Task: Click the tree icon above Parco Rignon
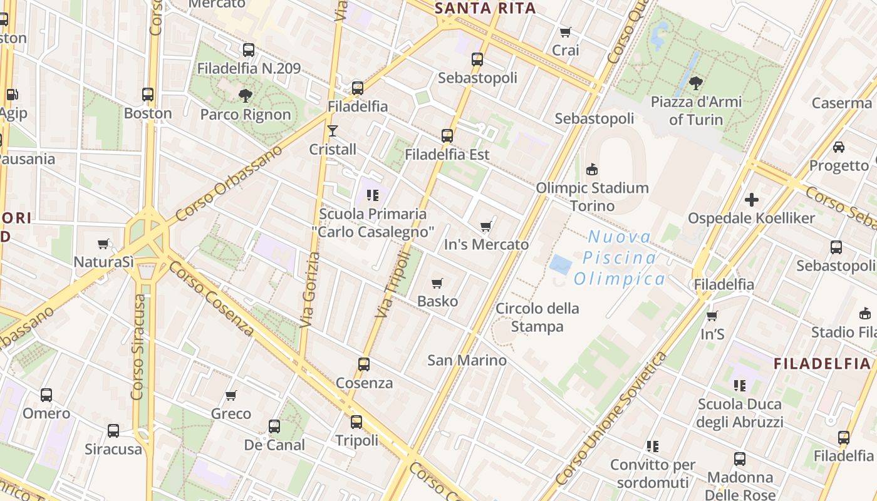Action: pyautogui.click(x=246, y=96)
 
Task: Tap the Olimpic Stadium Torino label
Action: pyautogui.click(x=592, y=196)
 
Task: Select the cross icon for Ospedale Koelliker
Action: pyautogui.click(x=751, y=200)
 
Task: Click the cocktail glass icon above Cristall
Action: pyautogui.click(x=333, y=131)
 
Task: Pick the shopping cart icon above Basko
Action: pyautogui.click(x=437, y=284)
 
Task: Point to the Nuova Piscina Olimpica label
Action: pyautogui.click(x=620, y=257)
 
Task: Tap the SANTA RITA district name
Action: pyautogui.click(x=485, y=8)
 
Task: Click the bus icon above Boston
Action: pyautogui.click(x=148, y=95)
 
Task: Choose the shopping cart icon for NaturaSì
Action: pyautogui.click(x=103, y=244)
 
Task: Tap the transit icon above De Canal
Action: pyautogui.click(x=274, y=426)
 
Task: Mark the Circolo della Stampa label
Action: pyautogui.click(x=537, y=317)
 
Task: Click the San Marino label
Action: pyautogui.click(x=467, y=360)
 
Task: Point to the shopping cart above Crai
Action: pyautogui.click(x=566, y=32)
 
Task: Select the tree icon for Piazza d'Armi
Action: pyautogui.click(x=695, y=83)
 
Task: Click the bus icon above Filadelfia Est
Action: pyautogui.click(x=447, y=135)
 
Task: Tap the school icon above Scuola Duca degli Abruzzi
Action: pyautogui.click(x=739, y=385)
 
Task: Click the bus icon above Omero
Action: pyautogui.click(x=46, y=395)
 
